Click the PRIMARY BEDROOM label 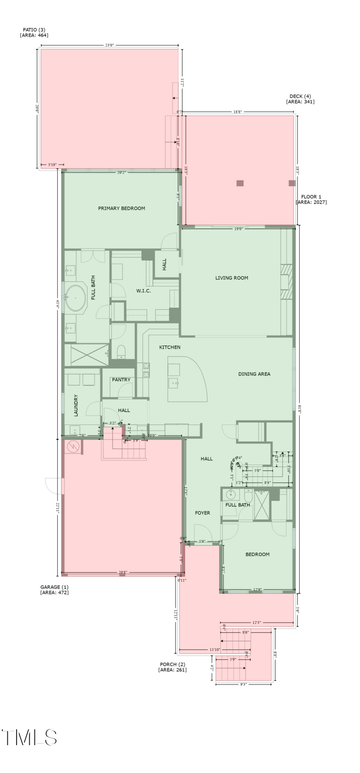coord(121,208)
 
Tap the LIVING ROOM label coord(232,278)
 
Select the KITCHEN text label coord(170,347)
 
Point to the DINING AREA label coord(254,374)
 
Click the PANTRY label coord(121,380)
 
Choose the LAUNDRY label coord(76,405)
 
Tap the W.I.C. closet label coord(144,291)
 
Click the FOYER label coord(202,513)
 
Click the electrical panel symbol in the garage coord(73,447)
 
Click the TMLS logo coord(30,737)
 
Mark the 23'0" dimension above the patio coord(110,45)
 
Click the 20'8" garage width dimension coord(123,573)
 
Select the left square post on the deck coord(240,183)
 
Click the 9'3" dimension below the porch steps coord(243,684)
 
